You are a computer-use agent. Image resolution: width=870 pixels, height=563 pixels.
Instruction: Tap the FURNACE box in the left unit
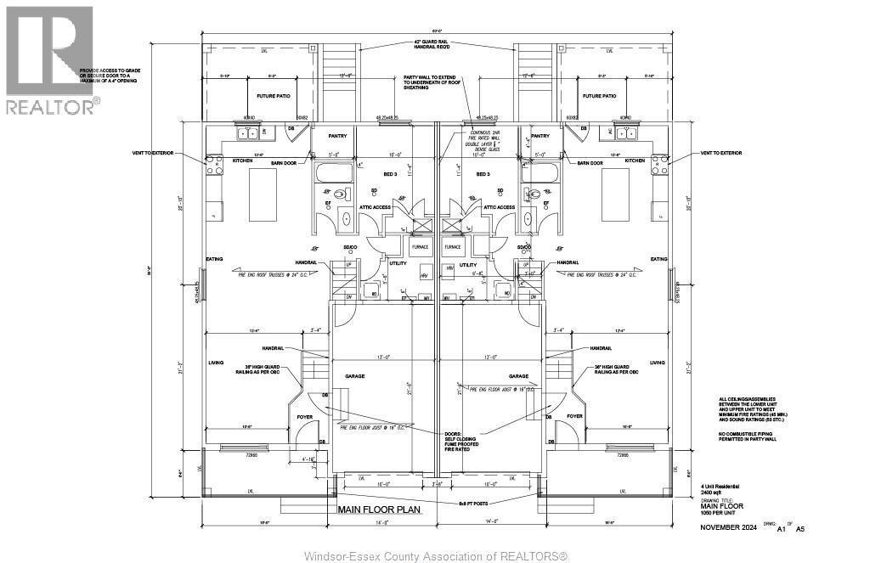pyautogui.click(x=420, y=247)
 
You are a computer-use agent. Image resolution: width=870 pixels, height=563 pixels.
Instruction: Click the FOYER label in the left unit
pyautogui.click(x=305, y=416)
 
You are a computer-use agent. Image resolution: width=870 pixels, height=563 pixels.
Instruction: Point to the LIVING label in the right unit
pyautogui.click(x=657, y=362)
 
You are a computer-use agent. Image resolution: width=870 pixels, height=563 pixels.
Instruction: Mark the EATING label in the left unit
pyautogui.click(x=214, y=259)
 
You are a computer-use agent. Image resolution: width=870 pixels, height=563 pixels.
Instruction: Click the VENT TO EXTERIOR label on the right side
pyautogui.click(x=720, y=153)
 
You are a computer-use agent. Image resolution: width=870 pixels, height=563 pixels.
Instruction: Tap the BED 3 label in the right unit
pyautogui.click(x=483, y=174)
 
